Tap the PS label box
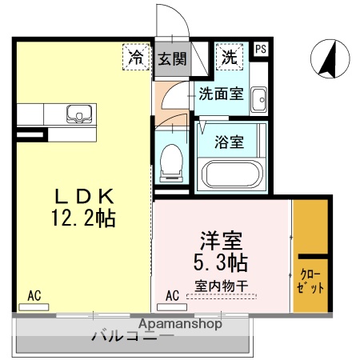pos(260,49)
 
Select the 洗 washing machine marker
pos(230,57)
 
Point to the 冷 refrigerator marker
pos(137,57)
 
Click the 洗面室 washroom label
pos(222,94)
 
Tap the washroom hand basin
pos(258,101)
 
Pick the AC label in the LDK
pos(34,295)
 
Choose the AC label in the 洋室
pos(172,295)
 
